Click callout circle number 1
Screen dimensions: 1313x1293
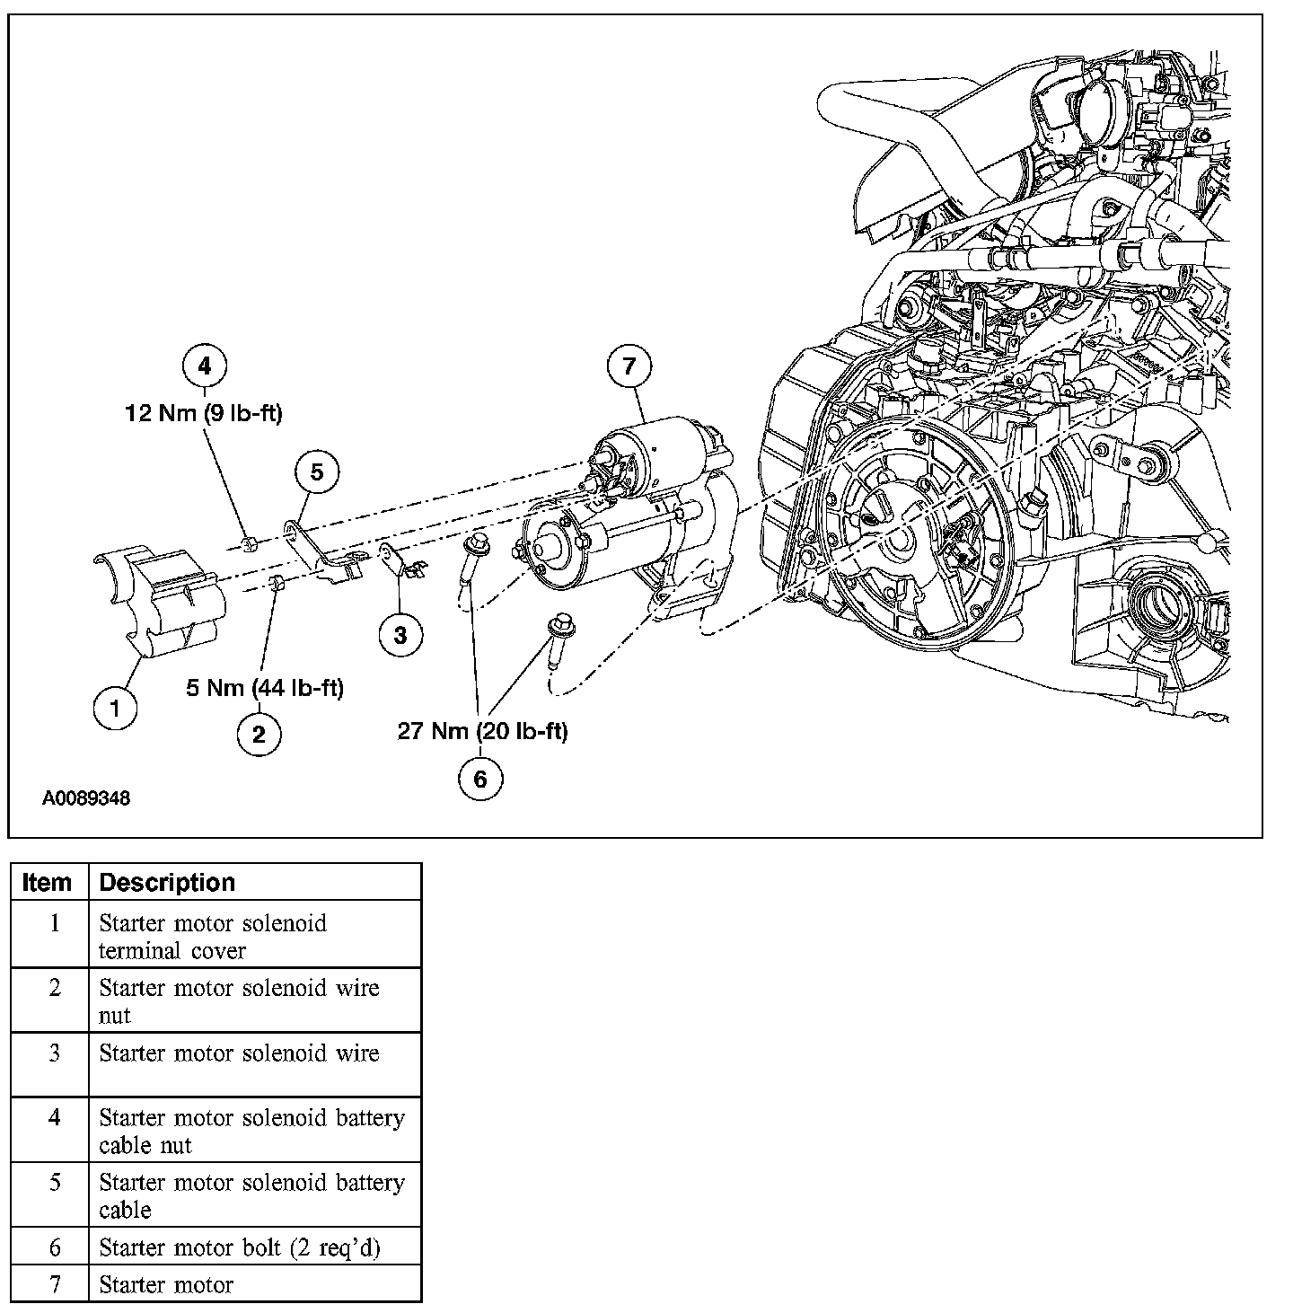coord(116,708)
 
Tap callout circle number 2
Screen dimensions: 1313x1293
coord(259,735)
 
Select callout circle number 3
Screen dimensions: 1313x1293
coord(400,635)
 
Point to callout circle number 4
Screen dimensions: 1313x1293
coord(205,366)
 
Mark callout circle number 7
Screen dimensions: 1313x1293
coord(629,366)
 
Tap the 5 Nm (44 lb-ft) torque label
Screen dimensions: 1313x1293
coord(265,688)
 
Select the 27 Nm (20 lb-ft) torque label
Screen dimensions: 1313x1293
coord(483,731)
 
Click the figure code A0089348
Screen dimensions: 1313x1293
coord(86,797)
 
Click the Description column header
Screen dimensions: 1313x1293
coord(167,882)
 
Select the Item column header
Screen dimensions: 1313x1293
coord(47,882)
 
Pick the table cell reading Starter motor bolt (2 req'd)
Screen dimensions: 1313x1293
coord(240,1247)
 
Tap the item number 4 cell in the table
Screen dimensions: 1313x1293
coord(54,1118)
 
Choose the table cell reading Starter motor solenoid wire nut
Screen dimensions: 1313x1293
coord(239,1000)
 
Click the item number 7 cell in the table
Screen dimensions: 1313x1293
coord(54,1284)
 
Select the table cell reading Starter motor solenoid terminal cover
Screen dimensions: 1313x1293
coord(213,936)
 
